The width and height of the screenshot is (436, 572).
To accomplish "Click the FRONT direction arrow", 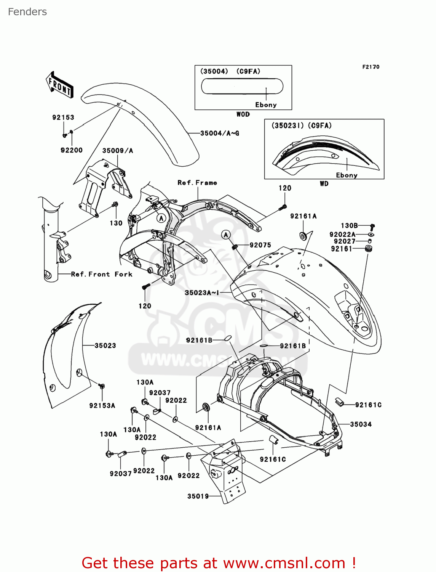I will tap(59, 85).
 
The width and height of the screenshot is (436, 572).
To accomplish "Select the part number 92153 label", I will tap(63, 117).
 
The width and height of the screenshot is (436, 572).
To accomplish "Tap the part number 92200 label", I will tap(72, 150).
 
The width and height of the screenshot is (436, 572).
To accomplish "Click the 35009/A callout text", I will tap(118, 151).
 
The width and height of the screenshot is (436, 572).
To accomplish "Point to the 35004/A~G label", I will tap(220, 133).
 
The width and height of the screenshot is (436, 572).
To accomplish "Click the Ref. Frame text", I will tap(197, 183).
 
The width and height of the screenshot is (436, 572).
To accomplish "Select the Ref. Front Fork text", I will tap(102, 274).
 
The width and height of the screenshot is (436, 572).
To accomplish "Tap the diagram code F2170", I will tap(371, 67).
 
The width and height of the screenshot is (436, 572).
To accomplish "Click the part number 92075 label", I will tap(260, 245).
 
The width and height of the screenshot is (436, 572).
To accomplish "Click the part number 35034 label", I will tap(361, 424).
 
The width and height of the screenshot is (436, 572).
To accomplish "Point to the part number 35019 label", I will tap(198, 496).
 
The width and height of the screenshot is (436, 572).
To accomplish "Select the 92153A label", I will tap(102, 406).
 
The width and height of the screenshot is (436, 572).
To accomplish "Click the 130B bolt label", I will tap(349, 226).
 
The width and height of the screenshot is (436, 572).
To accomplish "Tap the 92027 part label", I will tap(345, 241).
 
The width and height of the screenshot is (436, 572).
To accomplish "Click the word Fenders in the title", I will tap(27, 12).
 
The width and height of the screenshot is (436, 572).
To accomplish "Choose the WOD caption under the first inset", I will tap(243, 114).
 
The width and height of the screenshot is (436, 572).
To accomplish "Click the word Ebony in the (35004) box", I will tap(266, 105).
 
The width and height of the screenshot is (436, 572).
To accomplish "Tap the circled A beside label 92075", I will tap(226, 235).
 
